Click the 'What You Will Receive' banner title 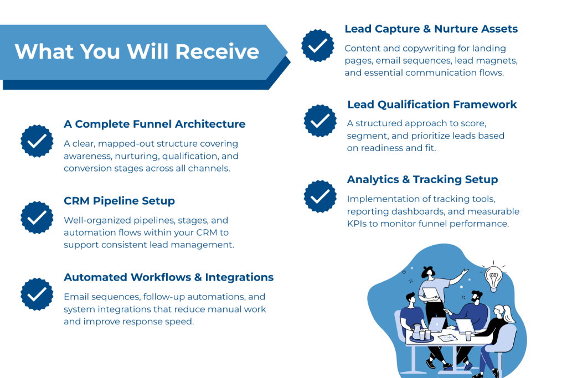(137, 51)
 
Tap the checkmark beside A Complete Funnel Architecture (37, 141)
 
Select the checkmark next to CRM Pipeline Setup (37, 217)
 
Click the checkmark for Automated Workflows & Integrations (37, 293)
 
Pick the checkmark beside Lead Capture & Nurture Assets (318, 45)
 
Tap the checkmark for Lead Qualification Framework (320, 121)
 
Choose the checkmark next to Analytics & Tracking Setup (320, 196)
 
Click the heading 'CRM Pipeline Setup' (120, 200)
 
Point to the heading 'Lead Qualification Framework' (432, 105)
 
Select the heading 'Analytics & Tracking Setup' (422, 180)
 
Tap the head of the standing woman (426, 272)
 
